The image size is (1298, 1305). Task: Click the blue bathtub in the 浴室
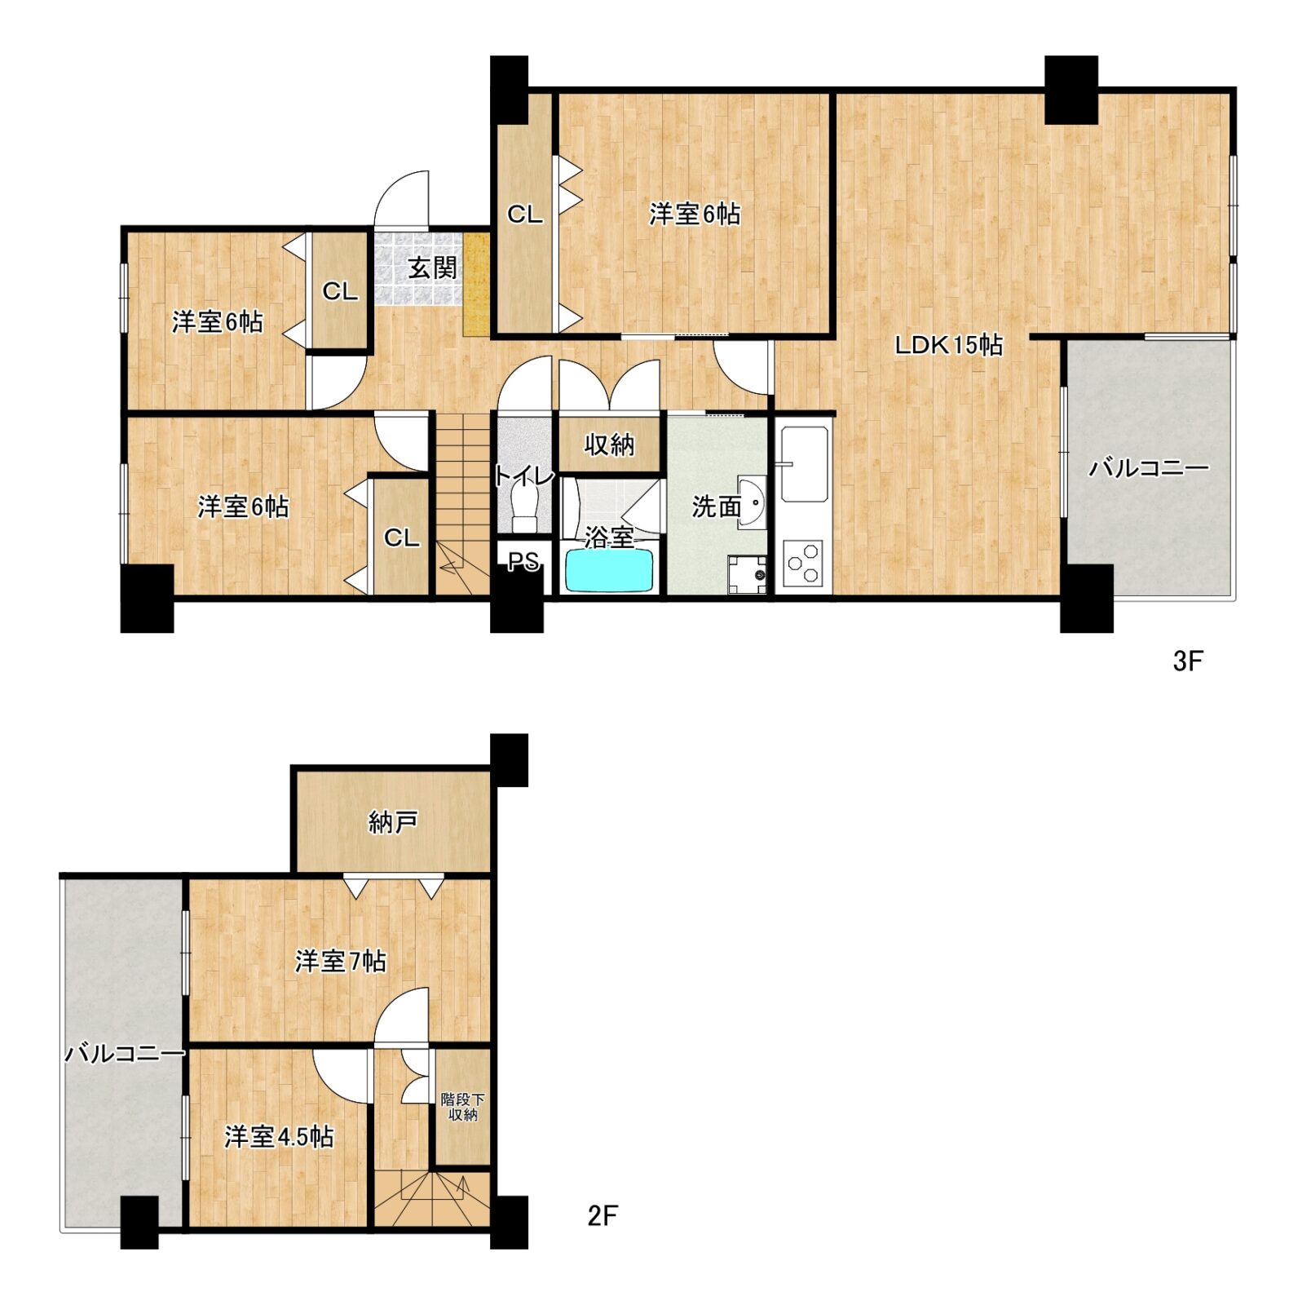tap(609, 569)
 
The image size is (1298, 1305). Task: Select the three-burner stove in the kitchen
tap(802, 563)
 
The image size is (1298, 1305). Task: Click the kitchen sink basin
tap(804, 465)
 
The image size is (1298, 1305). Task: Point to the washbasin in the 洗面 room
tap(753, 502)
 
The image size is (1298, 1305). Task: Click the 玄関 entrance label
tap(433, 268)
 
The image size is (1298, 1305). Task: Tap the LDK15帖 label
tap(948, 345)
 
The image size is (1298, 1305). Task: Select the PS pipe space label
tap(523, 561)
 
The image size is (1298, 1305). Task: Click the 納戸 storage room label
tap(393, 821)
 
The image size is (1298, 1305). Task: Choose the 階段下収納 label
tap(462, 1107)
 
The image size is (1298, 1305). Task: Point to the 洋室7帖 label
tap(340, 961)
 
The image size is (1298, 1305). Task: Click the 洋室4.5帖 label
tap(279, 1136)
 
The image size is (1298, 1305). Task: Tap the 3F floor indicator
tap(1188, 661)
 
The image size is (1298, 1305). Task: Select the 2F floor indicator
tap(603, 1216)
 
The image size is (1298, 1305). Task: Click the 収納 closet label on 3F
tap(609, 445)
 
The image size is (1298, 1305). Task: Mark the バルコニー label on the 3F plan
tap(1149, 467)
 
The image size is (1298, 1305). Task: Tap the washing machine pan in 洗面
tap(748, 574)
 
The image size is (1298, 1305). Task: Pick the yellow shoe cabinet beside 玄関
tap(477, 284)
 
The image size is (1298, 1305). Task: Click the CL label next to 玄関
tap(340, 291)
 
